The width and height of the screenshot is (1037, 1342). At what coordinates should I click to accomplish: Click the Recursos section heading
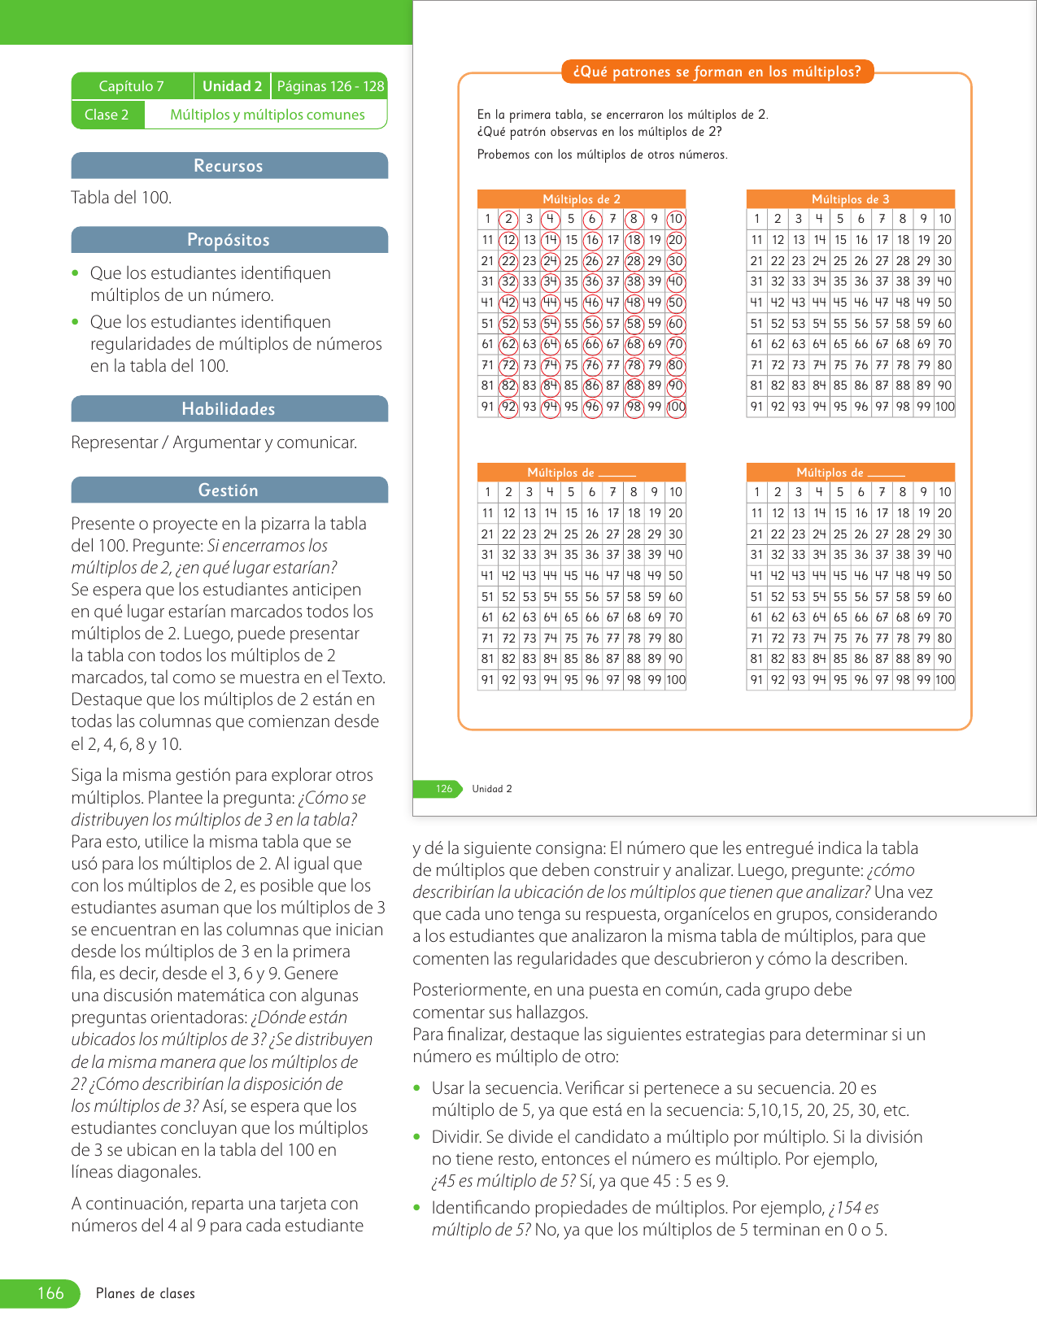(229, 166)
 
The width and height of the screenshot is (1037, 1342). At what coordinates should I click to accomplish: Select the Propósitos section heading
(229, 240)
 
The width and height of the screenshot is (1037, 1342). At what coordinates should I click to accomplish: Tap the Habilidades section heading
(229, 409)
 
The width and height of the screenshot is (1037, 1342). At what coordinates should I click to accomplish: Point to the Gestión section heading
(229, 490)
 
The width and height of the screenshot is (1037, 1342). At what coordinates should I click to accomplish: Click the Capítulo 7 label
(132, 86)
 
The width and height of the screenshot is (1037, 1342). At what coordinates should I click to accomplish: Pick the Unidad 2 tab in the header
(232, 86)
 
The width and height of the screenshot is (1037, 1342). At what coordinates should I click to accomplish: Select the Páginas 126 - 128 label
(330, 86)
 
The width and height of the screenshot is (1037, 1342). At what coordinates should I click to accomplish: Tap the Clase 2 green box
(107, 115)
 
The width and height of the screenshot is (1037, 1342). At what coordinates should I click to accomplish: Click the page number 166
(50, 1293)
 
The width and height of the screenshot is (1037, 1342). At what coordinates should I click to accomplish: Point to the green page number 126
(443, 789)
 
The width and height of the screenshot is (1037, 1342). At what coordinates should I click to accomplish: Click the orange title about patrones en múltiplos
(717, 72)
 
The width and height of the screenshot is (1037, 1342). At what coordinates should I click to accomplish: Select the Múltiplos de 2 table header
(582, 199)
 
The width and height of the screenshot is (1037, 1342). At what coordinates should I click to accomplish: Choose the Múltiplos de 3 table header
(851, 199)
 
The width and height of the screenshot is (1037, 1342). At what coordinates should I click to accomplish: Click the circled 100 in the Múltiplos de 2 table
(676, 407)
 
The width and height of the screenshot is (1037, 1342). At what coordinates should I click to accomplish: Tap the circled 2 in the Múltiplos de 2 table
(508, 219)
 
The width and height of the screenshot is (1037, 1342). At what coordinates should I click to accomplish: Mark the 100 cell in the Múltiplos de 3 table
(945, 407)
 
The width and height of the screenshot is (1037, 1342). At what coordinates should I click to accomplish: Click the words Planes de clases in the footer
(146, 1294)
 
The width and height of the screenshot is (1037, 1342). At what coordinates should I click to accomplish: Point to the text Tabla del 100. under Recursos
(121, 198)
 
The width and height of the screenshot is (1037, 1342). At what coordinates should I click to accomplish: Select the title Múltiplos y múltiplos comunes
(267, 115)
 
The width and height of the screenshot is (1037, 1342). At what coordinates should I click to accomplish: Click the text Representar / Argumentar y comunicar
(214, 442)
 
